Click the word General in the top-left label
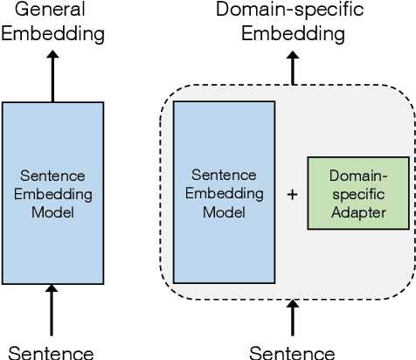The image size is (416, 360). click(x=52, y=10)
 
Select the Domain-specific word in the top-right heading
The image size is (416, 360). click(x=292, y=10)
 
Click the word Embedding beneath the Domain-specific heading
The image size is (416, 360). click(x=292, y=34)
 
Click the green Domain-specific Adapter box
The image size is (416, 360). click(x=358, y=193)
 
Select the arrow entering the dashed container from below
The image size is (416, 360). click(x=292, y=320)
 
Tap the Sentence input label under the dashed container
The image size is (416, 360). click(x=292, y=352)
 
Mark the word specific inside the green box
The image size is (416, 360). click(x=358, y=194)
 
